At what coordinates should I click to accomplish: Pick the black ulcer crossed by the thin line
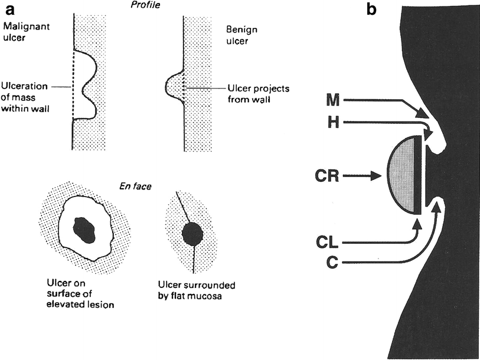(x=193, y=235)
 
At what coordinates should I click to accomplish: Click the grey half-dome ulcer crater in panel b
(x=403, y=175)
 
